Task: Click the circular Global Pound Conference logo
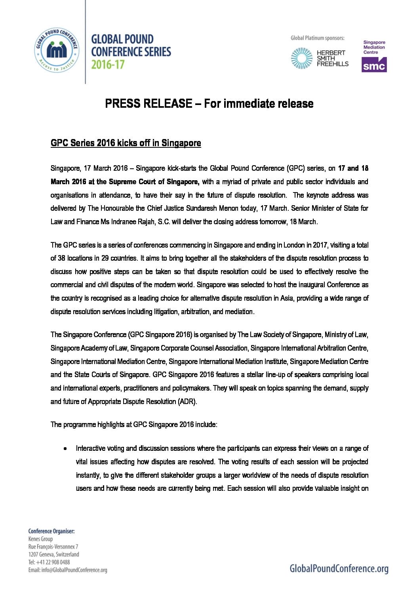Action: [56, 50]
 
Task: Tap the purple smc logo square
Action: [374, 65]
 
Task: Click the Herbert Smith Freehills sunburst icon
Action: [302, 58]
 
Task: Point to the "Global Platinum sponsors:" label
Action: [317, 38]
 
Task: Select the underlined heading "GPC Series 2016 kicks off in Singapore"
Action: [126, 143]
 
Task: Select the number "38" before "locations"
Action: [61, 258]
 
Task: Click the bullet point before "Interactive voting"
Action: [64, 449]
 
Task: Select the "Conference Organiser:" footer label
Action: [51, 531]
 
